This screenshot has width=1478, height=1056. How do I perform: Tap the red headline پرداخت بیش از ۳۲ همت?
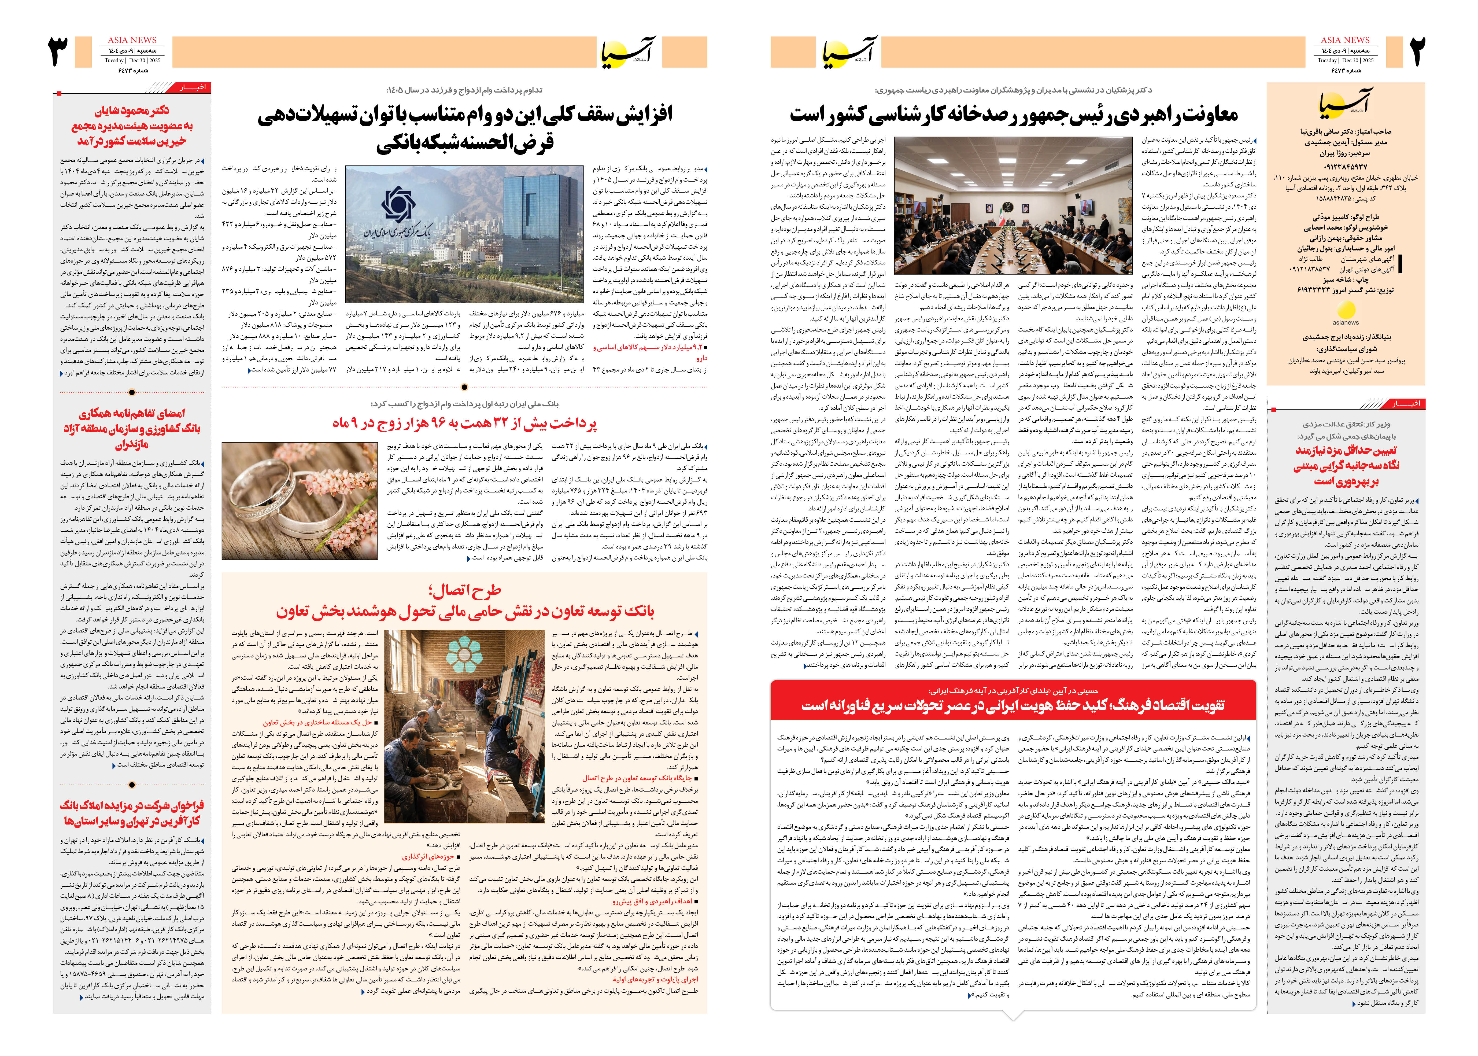[x=465, y=424]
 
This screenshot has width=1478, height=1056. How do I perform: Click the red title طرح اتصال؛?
[x=465, y=590]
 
